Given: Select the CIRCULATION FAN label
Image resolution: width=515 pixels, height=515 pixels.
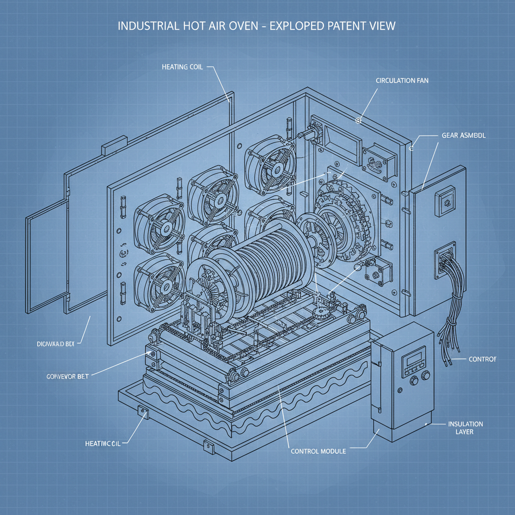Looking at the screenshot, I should tap(402, 80).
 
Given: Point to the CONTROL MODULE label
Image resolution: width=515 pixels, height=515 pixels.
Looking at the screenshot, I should tap(318, 451).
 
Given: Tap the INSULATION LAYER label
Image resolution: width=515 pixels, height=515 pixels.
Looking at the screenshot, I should tap(465, 428).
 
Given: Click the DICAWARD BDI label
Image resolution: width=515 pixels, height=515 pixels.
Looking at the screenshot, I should tap(55, 345).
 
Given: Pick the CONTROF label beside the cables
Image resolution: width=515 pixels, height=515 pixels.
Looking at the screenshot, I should tap(482, 359).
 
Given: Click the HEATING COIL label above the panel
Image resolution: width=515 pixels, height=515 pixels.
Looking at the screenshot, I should tap(183, 67).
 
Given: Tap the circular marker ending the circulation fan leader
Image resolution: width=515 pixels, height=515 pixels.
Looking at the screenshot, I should tap(359, 120).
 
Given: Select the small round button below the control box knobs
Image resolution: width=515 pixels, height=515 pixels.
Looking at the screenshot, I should tap(400, 389).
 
